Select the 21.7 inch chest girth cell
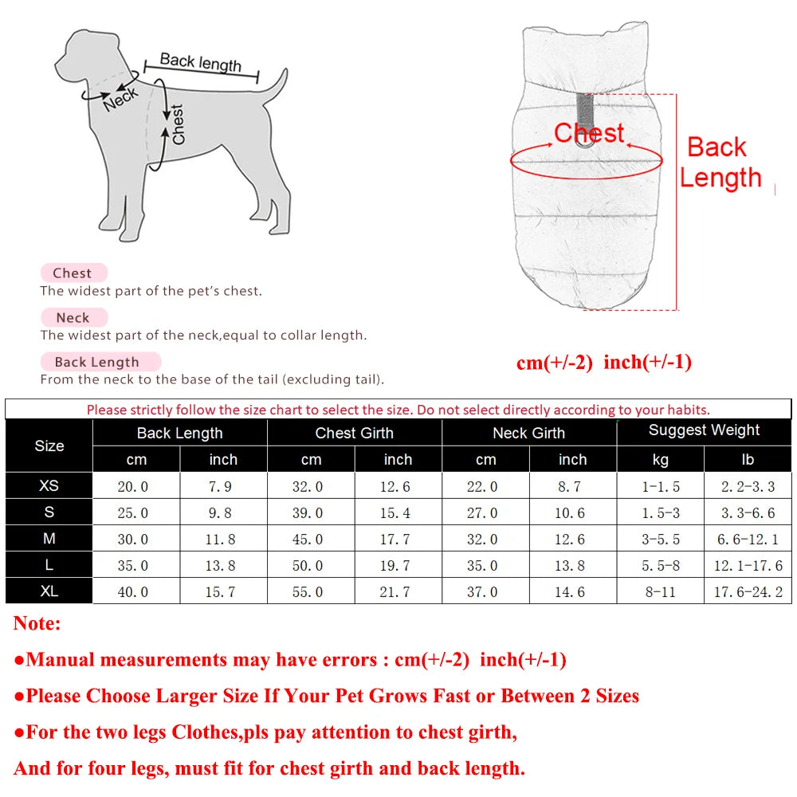(x=398, y=591)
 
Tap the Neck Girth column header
(x=528, y=433)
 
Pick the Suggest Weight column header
(x=704, y=430)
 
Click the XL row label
(x=49, y=591)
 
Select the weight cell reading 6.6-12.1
(x=748, y=539)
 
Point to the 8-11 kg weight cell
(x=660, y=591)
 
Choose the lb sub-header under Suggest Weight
(x=748, y=459)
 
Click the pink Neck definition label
(x=73, y=317)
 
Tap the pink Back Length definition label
(x=96, y=362)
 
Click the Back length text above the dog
(x=201, y=62)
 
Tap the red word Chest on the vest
(x=589, y=133)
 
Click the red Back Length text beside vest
(x=720, y=163)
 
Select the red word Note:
(x=37, y=623)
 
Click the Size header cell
(x=49, y=446)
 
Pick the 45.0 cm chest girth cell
(x=311, y=539)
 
